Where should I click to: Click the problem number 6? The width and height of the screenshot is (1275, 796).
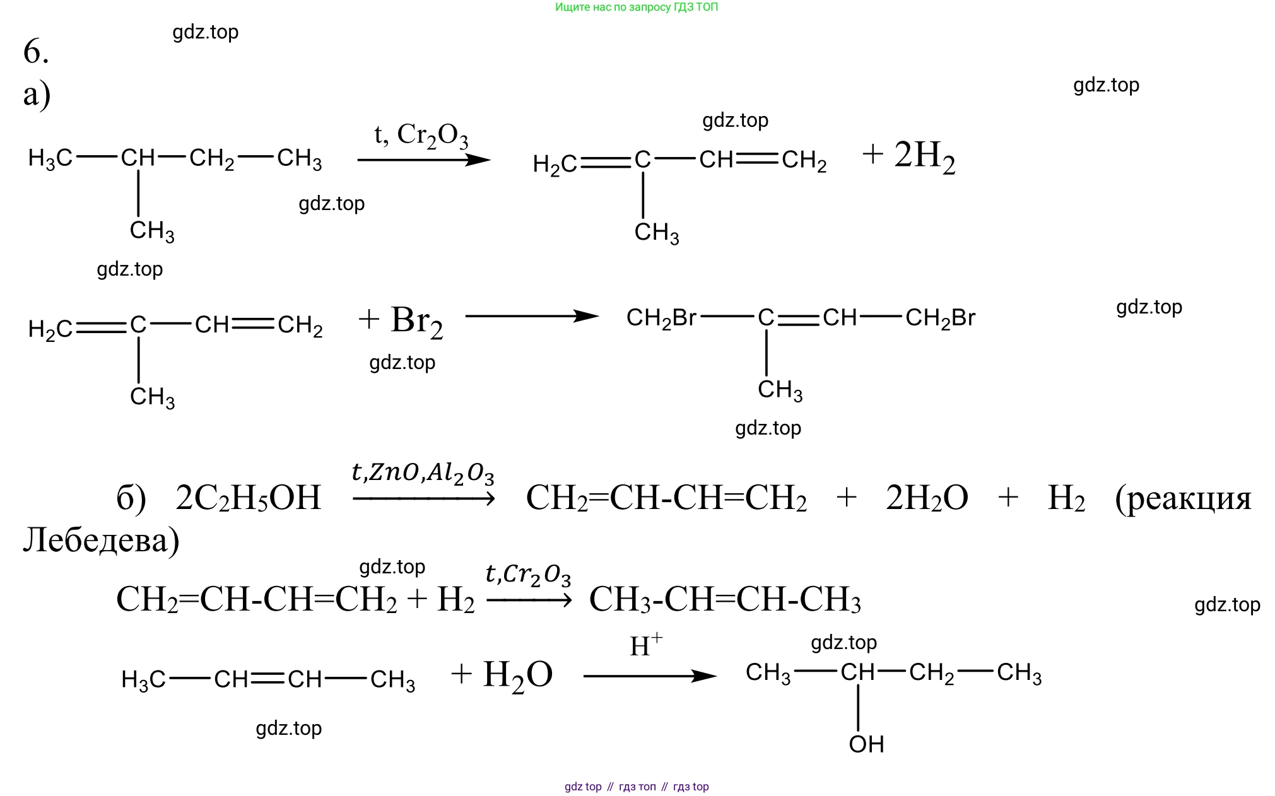tap(36, 51)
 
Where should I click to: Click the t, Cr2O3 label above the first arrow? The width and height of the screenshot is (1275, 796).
tap(421, 135)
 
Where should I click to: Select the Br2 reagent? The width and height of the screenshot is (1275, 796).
tap(416, 321)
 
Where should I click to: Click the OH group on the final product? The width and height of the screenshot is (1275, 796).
tap(866, 744)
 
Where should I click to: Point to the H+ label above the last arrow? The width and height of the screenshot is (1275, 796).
tap(646, 645)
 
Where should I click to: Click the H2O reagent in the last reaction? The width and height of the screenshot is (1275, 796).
tap(517, 675)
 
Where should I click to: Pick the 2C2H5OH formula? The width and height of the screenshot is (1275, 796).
tap(249, 498)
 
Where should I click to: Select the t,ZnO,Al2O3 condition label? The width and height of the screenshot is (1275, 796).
tap(423, 473)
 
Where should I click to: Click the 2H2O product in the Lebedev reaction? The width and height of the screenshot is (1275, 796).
tap(927, 498)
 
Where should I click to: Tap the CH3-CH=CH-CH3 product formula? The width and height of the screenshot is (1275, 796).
tap(725, 599)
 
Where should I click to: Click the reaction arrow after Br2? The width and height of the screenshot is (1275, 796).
tap(531, 316)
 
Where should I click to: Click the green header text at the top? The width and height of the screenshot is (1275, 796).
tap(637, 8)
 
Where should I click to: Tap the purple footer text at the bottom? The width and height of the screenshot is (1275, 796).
tap(637, 787)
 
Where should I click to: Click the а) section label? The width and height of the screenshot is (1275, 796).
tap(37, 95)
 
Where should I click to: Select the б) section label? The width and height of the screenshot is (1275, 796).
tap(131, 498)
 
